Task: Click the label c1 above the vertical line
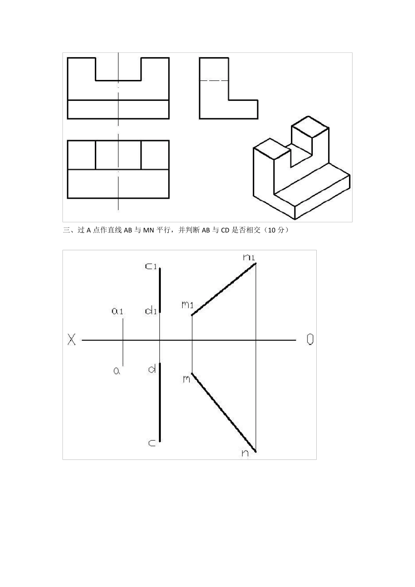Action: pyautogui.click(x=151, y=266)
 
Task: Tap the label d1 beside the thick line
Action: pyautogui.click(x=151, y=311)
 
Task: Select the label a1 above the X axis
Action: pyautogui.click(x=118, y=311)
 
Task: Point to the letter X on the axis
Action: pyautogui.click(x=72, y=340)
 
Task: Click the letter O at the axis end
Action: pyautogui.click(x=310, y=340)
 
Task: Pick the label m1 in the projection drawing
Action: pyautogui.click(x=187, y=304)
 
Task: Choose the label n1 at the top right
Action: pyautogui.click(x=249, y=257)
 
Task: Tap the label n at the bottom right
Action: pyautogui.click(x=245, y=453)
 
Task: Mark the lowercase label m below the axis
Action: pyautogui.click(x=187, y=378)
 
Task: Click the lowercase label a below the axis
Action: pyautogui.click(x=117, y=371)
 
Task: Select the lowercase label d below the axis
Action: pyautogui.click(x=152, y=369)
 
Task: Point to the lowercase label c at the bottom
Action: pyautogui.click(x=152, y=443)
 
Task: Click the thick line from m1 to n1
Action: pyautogui.click(x=224, y=289)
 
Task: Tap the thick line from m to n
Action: pyautogui.click(x=224, y=412)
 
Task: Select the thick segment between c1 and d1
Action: pyautogui.click(x=160, y=290)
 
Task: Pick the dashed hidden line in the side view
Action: pyautogui.click(x=214, y=81)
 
